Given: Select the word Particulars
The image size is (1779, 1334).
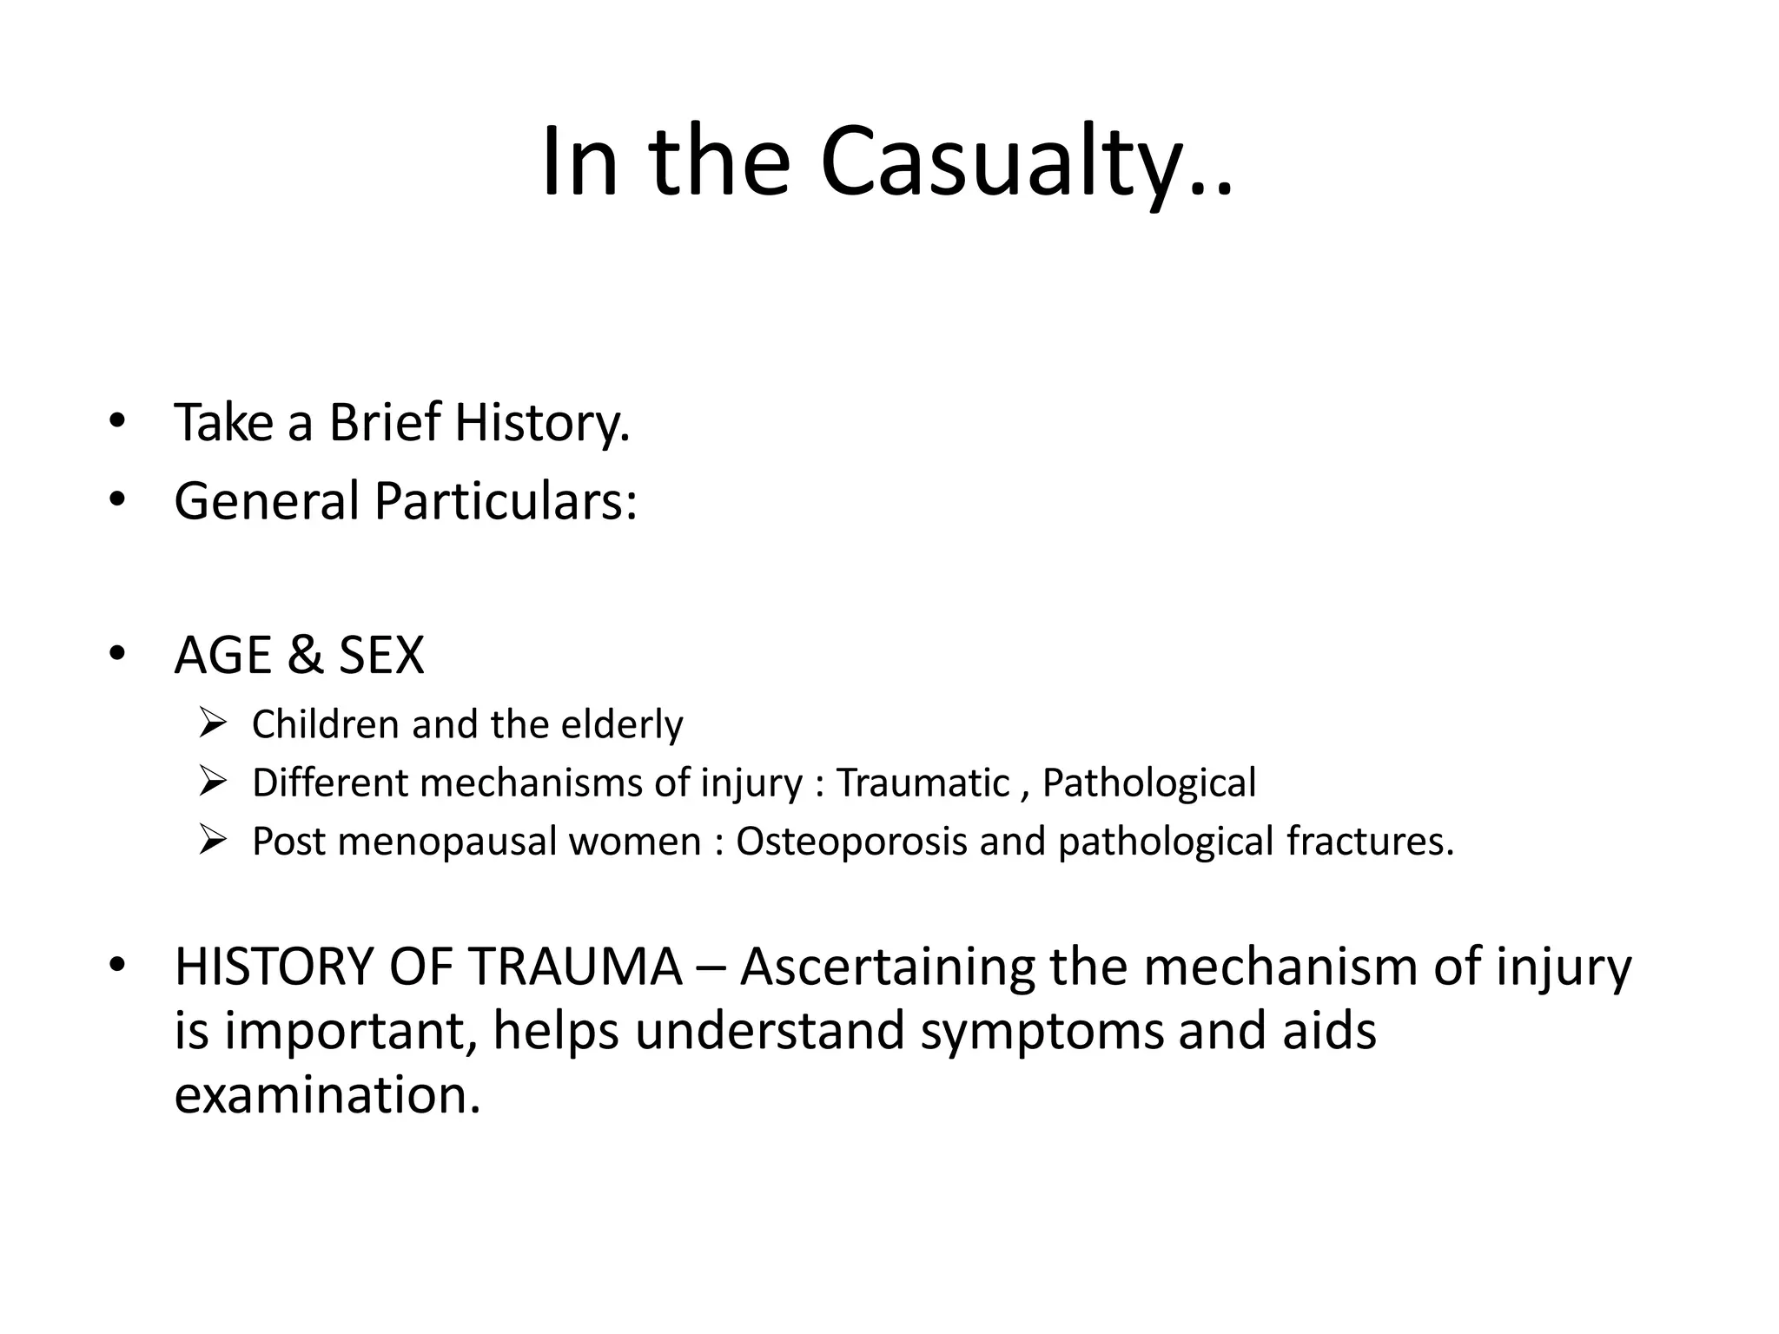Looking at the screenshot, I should coord(505,502).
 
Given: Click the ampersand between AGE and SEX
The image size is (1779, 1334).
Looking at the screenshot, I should coord(304,655).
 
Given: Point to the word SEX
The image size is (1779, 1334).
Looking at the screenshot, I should coord(380,655).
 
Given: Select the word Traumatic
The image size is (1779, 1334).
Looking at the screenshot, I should coord(923,783).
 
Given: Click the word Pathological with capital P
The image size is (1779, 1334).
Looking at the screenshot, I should coord(1148,783).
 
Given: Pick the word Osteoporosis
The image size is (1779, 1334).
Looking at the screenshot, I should coord(851,842).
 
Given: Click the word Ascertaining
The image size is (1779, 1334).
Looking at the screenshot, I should coord(888,967).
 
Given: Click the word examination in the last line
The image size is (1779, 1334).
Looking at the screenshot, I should coord(327,1094).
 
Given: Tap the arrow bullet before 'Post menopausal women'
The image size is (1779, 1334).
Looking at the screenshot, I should coord(212,840).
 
